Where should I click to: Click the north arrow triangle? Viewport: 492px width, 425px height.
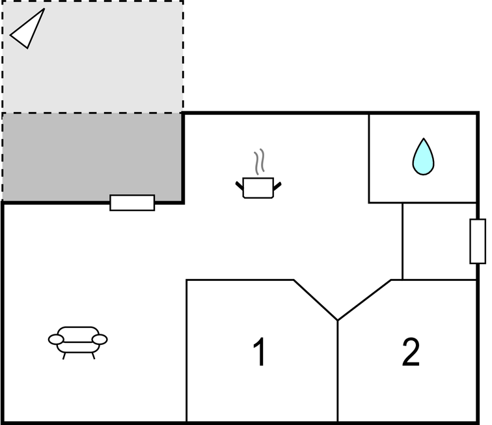click(x=27, y=30)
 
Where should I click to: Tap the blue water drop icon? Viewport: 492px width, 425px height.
click(x=423, y=156)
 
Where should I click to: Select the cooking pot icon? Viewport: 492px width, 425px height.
click(x=258, y=188)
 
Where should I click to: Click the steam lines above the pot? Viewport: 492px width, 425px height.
click(x=259, y=162)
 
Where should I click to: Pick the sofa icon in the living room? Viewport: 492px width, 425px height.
click(x=78, y=343)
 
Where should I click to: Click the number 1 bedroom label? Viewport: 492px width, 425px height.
click(x=260, y=351)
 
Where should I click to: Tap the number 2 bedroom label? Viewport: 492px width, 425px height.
click(x=411, y=351)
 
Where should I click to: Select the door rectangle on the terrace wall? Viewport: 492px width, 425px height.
click(x=132, y=203)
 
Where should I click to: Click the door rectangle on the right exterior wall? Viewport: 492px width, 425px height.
click(x=478, y=241)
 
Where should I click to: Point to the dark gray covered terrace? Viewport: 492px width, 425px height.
click(x=92, y=157)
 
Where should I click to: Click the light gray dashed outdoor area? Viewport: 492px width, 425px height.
click(x=93, y=57)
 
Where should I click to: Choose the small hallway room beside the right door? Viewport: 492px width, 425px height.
click(x=439, y=241)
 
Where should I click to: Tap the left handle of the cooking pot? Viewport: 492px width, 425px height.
click(x=239, y=186)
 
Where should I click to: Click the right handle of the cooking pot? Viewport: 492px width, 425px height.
click(x=277, y=186)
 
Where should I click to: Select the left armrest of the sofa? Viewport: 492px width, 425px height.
click(x=56, y=340)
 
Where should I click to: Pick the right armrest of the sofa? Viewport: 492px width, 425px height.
click(x=100, y=340)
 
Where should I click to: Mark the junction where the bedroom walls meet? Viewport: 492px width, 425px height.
click(x=338, y=320)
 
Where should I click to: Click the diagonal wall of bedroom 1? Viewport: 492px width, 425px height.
click(x=316, y=300)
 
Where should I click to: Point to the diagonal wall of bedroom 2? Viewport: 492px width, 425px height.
click(x=364, y=300)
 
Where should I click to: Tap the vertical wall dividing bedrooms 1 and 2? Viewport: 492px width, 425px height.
click(x=338, y=371)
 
